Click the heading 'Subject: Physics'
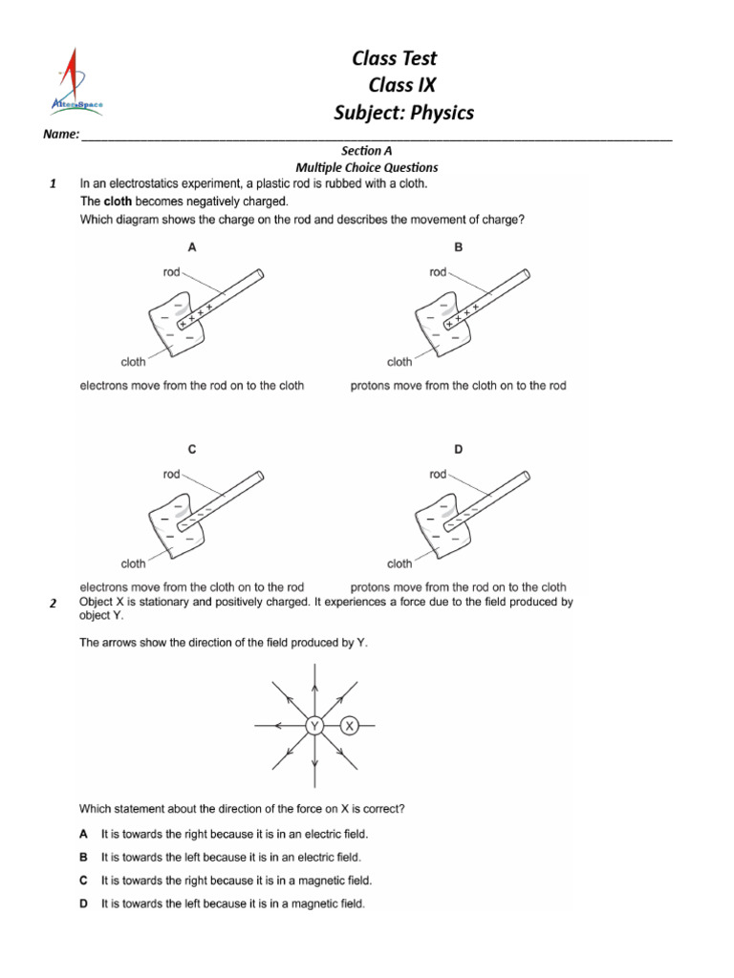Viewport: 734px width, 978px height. coord(403,113)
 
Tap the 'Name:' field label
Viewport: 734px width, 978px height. coord(61,136)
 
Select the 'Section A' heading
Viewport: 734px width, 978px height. coord(367,151)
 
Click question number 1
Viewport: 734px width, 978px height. coord(54,183)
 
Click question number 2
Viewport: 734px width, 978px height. coord(54,604)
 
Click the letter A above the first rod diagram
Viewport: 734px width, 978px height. coord(192,246)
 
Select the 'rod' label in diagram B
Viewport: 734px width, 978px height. coord(438,272)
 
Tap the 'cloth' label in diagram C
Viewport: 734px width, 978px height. coord(133,563)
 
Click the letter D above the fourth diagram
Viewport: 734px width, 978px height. coord(459,449)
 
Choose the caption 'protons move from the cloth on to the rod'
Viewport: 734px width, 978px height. coord(459,386)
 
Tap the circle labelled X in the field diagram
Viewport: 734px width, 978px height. coord(350,727)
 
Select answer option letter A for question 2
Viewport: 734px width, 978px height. coord(84,834)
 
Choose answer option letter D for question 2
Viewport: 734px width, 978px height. coord(84,904)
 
